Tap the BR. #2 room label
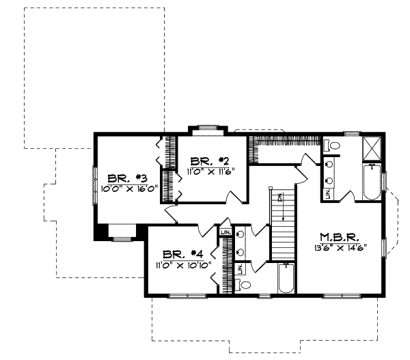click(209, 161)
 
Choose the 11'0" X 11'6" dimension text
click(209, 171)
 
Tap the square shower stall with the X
click(372, 148)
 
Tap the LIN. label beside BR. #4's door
click(225, 232)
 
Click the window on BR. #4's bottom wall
click(182, 295)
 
